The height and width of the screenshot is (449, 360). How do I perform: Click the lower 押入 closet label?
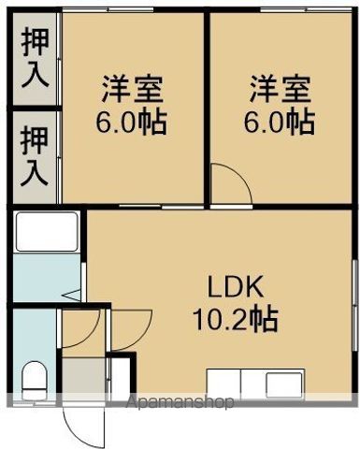coord(35,156)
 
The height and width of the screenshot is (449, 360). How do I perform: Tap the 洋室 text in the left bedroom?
coord(132,91)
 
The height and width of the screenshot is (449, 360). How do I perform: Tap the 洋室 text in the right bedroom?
coord(280,91)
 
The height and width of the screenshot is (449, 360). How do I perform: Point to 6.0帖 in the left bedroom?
coord(132,123)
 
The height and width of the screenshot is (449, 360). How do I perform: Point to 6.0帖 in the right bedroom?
coord(280,123)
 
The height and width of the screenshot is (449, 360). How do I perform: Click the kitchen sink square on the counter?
coord(280,384)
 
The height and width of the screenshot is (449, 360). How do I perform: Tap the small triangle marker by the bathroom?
coord(68,297)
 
